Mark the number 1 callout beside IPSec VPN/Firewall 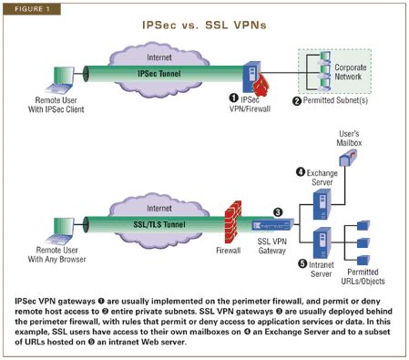(x=237, y=98)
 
